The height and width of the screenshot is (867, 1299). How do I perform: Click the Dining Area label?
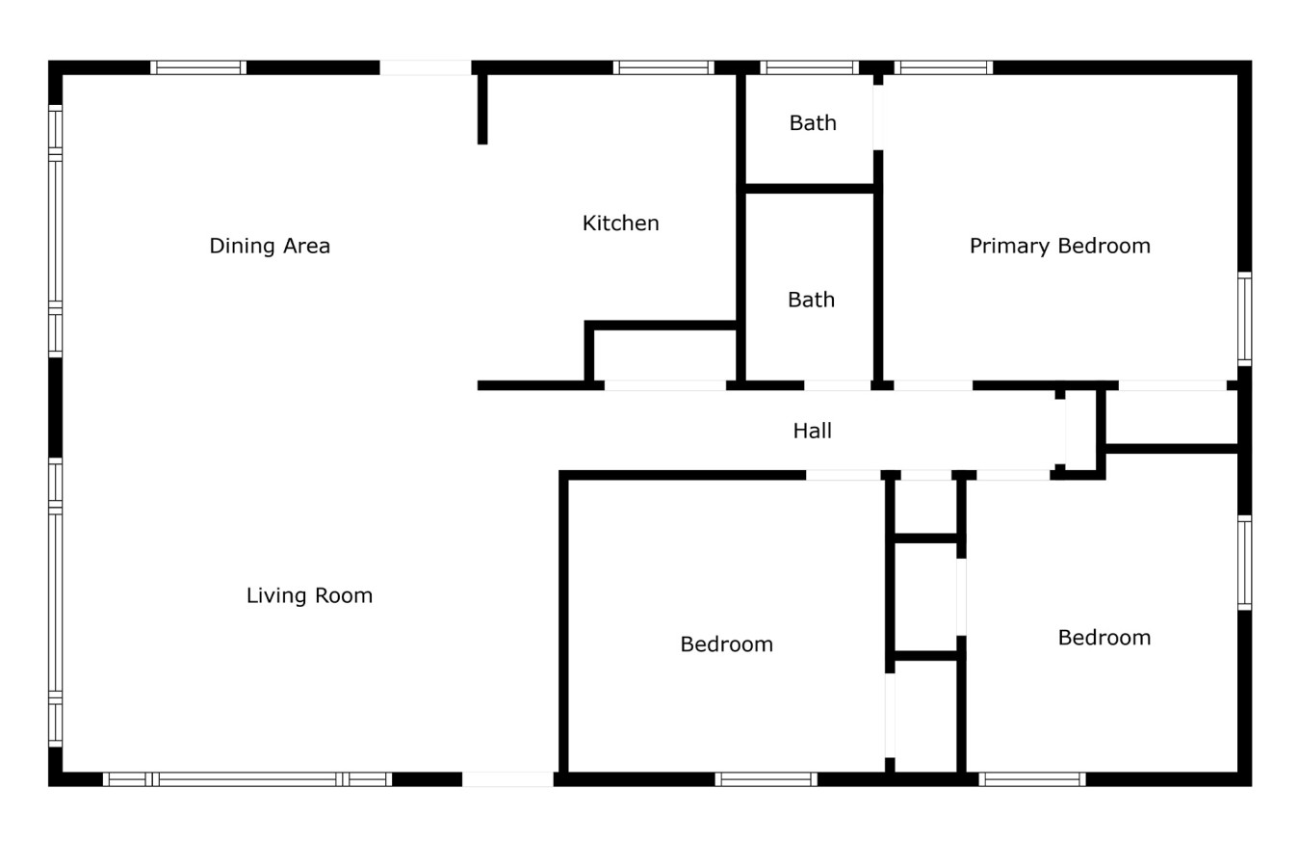point(270,246)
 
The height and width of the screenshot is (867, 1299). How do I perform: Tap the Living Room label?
point(309,595)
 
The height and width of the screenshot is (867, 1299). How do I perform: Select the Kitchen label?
point(621,223)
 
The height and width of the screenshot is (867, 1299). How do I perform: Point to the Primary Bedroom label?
point(1059,246)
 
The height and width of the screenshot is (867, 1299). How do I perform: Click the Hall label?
point(812,431)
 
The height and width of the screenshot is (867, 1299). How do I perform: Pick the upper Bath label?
point(813,123)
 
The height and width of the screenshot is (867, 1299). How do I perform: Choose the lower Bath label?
point(811,300)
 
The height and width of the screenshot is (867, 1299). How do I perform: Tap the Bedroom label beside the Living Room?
point(726,644)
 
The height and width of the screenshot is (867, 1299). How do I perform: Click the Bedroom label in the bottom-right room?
point(1104,638)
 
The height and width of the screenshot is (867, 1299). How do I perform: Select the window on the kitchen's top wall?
point(662,67)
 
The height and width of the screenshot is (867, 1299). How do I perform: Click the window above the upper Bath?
point(809,67)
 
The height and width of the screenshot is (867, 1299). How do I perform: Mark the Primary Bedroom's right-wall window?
point(1244,319)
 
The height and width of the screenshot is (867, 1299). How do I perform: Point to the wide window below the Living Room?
point(247,779)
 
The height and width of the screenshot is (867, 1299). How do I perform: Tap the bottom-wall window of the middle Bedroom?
point(766,779)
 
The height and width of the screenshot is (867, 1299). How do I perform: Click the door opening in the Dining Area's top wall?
point(426,67)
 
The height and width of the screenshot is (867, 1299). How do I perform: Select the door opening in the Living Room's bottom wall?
point(508,779)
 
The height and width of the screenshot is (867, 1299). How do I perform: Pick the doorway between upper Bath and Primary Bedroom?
point(878,118)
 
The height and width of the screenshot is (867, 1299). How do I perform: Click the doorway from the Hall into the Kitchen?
point(664,385)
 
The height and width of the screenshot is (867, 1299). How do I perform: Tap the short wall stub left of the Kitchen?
point(482,109)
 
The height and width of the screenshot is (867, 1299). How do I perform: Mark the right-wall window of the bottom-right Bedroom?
point(1244,564)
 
